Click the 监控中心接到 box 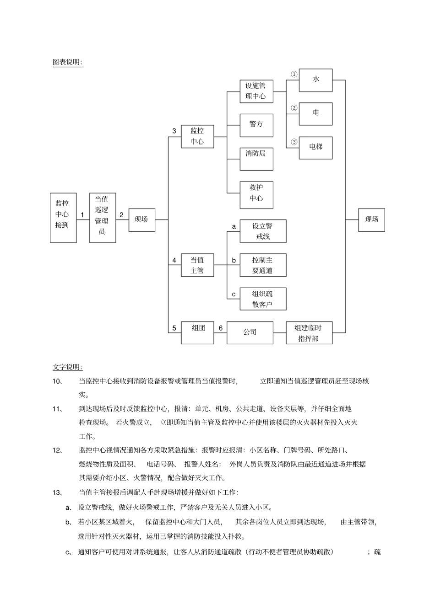tap(63, 218)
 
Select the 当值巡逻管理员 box tap(103, 218)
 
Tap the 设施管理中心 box tap(256, 91)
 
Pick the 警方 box tap(256, 125)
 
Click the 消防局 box tap(256, 159)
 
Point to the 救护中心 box tap(256, 193)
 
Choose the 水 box tap(315, 80)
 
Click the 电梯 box tap(315, 148)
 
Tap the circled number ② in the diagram tap(294, 108)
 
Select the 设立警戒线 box tap(263, 231)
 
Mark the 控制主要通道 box tap(263, 265)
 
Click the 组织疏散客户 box tap(263, 299)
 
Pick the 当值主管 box tap(197, 265)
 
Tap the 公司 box tap(250, 332)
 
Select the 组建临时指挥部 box tap(309, 333)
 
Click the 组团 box tap(197, 332)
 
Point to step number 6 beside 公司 tap(220, 328)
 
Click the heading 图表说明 tap(68, 62)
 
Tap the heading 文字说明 tap(68, 367)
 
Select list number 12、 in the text tap(58, 450)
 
